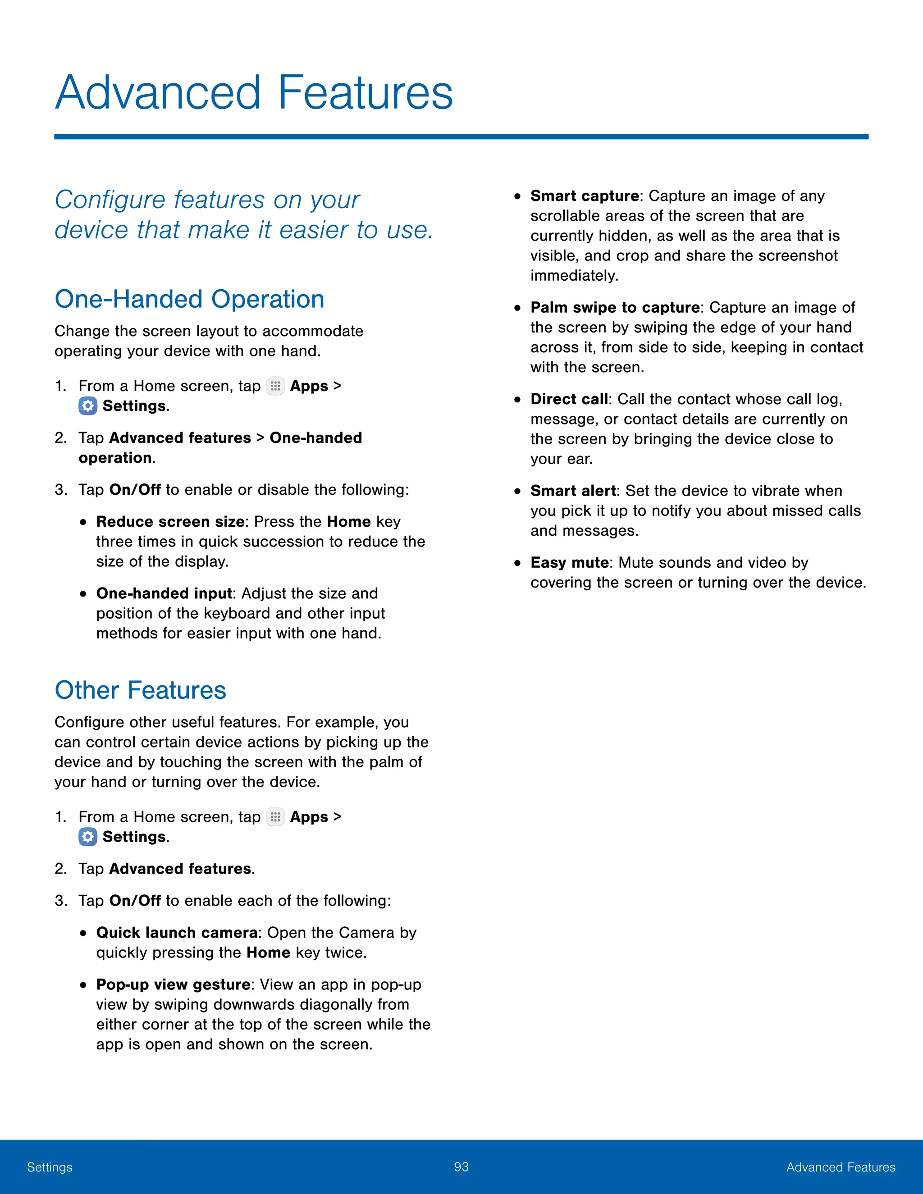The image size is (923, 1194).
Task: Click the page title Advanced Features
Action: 254,92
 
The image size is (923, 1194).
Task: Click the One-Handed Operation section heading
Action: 189,299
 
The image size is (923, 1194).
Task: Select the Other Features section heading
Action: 140,690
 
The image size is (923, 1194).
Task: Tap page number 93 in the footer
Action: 461,1167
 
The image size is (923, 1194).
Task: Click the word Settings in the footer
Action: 50,1167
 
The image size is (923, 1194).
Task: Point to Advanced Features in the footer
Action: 841,1167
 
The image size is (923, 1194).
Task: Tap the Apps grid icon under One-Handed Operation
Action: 275,386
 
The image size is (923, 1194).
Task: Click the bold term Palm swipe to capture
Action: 615,307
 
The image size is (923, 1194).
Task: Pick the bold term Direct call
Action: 569,399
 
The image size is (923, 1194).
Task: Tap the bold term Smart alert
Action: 572,491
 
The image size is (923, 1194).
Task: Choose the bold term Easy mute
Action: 569,563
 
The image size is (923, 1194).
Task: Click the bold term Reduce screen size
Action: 170,522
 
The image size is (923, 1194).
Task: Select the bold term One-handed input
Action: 164,593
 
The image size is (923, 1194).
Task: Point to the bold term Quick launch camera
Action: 177,933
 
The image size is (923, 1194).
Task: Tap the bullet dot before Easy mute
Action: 517,563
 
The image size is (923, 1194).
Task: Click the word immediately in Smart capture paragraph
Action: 574,276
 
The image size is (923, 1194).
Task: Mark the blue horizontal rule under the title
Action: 461,137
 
